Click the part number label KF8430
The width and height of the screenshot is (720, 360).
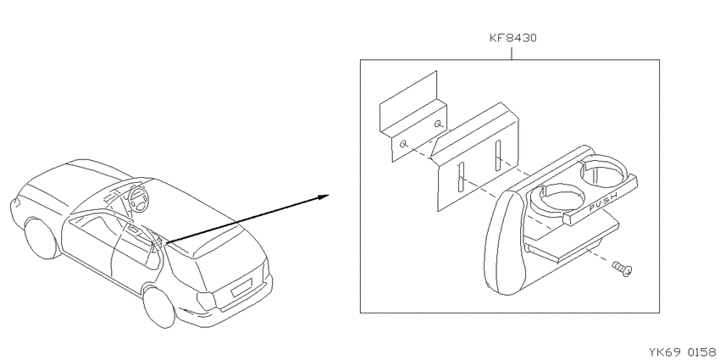(x=512, y=37)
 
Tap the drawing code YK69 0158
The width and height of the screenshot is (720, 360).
(x=684, y=352)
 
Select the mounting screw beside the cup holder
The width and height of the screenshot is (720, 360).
(x=623, y=269)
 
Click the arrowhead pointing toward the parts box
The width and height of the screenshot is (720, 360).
(x=323, y=197)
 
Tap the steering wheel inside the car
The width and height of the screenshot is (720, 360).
(x=138, y=199)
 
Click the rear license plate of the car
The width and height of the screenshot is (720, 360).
(x=241, y=288)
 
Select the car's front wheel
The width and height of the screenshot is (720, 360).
(x=42, y=238)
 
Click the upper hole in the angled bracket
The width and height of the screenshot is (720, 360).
(x=440, y=123)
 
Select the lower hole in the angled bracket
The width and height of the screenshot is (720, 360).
(x=404, y=145)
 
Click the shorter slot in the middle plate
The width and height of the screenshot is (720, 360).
(x=498, y=157)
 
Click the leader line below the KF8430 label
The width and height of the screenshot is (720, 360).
(x=512, y=52)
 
